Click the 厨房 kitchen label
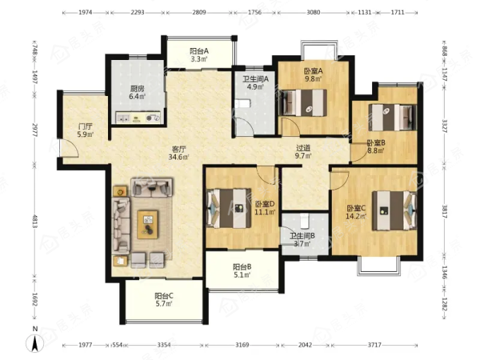(137, 89)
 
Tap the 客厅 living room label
(179, 150)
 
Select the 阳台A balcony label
(199, 51)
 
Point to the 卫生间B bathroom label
(302, 236)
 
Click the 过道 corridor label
(303, 148)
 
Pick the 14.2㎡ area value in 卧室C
(356, 217)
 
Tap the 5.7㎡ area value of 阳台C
(164, 304)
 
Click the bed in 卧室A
(304, 103)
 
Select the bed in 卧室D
(229, 208)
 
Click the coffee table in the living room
(148, 224)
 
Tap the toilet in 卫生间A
(242, 104)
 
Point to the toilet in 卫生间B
(304, 221)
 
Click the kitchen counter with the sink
(138, 117)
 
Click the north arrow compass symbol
(35, 342)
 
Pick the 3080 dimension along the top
(313, 13)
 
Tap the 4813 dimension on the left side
(35, 222)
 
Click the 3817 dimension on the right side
(445, 211)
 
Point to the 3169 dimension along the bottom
(242, 345)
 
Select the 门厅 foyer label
(85, 126)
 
